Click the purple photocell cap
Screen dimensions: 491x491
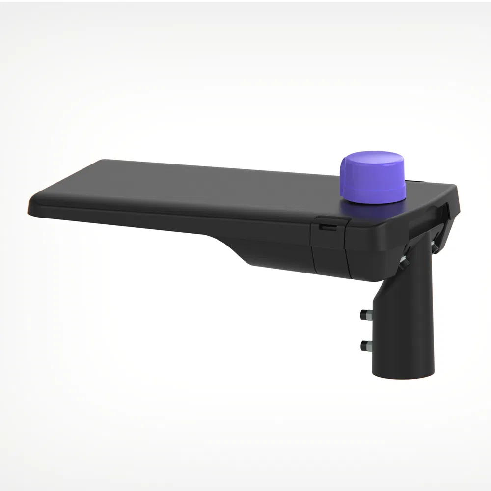(373, 178)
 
